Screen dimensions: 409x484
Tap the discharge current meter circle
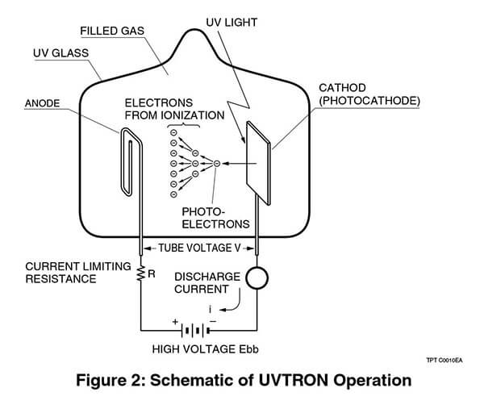coord(257,278)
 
